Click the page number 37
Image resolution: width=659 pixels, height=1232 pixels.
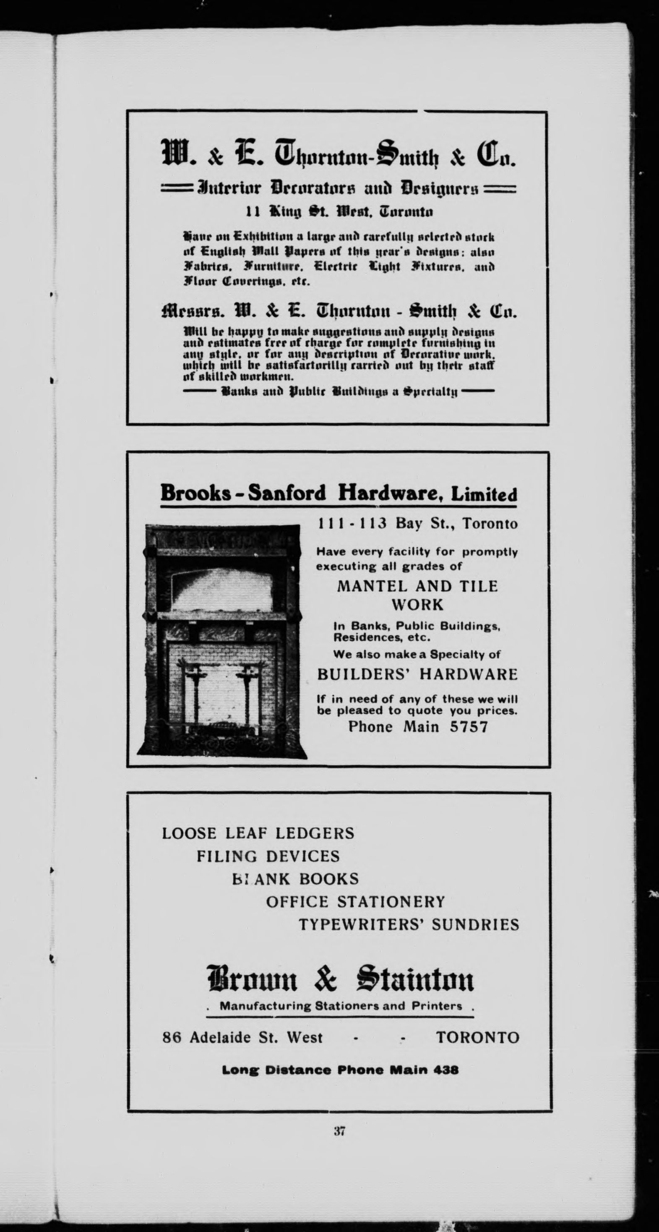[339, 1131]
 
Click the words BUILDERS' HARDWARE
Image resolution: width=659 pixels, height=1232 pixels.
[417, 674]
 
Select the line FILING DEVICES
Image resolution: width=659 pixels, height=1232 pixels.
[268, 856]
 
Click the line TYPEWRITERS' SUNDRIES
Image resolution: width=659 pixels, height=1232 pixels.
[409, 924]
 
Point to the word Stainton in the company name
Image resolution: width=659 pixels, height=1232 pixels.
[415, 979]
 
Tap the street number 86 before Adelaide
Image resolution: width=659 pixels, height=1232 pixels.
[172, 1037]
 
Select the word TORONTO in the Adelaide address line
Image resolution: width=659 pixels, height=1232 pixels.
[477, 1037]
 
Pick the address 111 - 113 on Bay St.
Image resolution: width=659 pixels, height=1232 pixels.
[352, 524]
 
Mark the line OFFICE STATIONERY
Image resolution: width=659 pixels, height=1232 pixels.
[355, 901]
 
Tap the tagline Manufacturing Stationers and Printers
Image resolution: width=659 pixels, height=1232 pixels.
[341, 1006]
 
